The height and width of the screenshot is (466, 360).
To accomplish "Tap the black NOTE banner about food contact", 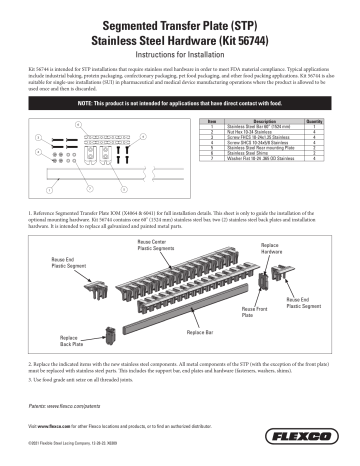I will point(180,103).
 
